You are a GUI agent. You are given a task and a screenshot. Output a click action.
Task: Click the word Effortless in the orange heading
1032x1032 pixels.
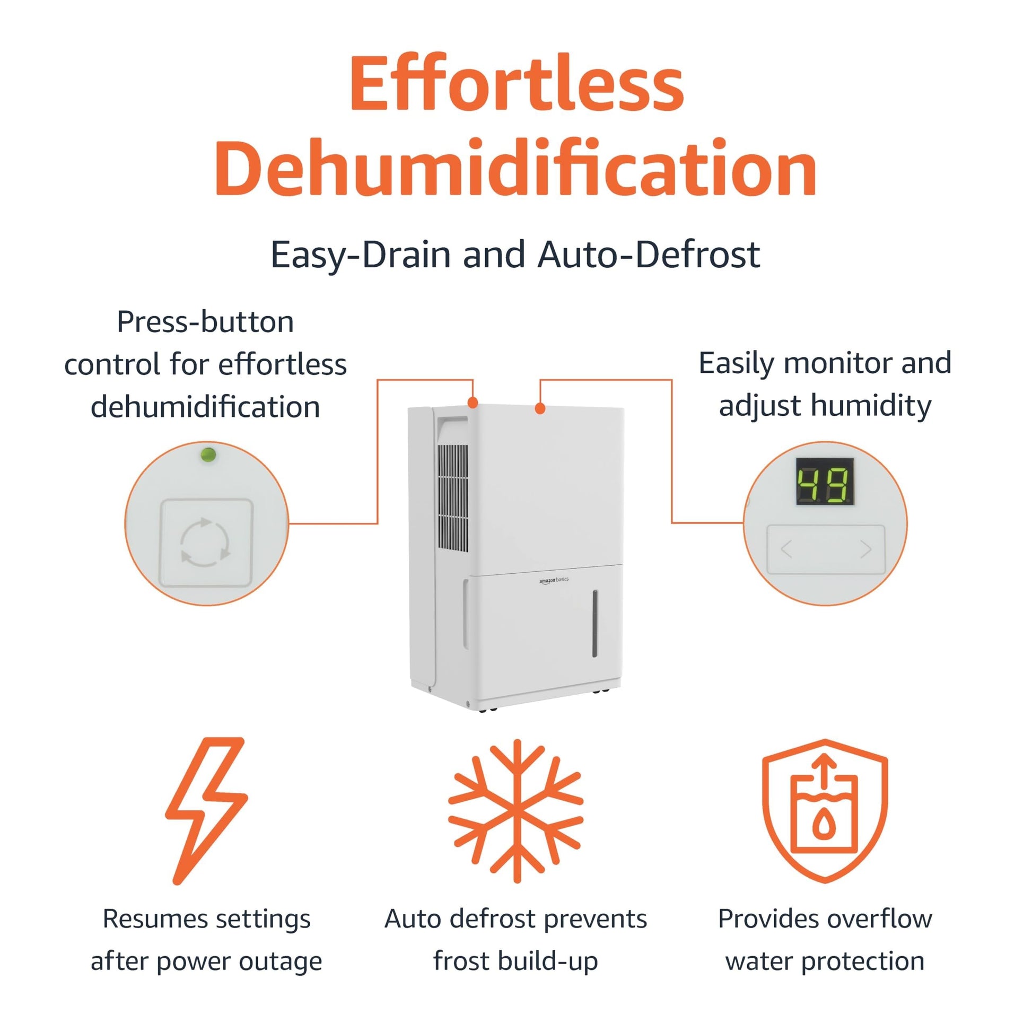(517, 84)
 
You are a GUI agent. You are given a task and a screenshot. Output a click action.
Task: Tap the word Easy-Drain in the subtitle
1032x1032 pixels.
(364, 255)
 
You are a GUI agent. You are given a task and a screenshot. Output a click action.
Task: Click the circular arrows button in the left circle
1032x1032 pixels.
(206, 543)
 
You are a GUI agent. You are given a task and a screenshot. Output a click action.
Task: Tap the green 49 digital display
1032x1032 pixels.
(824, 482)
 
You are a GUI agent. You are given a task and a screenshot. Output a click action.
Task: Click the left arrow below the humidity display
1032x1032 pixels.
(786, 549)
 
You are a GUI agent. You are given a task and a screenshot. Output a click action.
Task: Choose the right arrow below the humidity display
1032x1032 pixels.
(867, 549)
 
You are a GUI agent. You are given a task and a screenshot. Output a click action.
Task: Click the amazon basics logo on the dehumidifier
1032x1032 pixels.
(554, 580)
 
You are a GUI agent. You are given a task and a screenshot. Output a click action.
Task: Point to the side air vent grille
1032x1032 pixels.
(452, 497)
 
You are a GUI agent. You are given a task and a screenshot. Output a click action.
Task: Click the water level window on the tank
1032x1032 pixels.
(594, 623)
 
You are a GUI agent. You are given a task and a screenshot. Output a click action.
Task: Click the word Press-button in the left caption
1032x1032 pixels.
(206, 322)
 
